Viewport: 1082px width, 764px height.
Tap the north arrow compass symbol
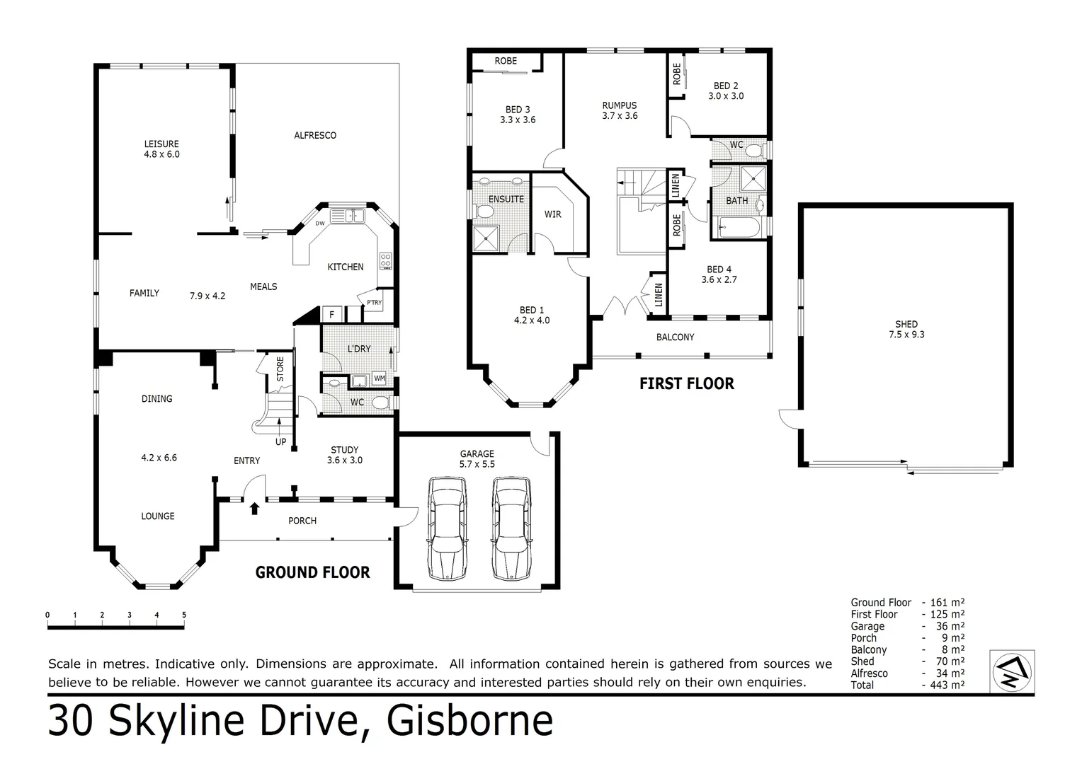point(1012,671)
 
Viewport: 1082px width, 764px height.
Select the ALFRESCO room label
point(315,135)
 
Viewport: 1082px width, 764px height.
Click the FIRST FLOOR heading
point(686,384)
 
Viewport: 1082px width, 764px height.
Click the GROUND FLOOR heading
point(312,572)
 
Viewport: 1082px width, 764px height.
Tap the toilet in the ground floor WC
point(380,403)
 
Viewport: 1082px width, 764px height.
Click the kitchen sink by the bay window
point(346,215)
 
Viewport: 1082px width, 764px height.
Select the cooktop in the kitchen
point(386,261)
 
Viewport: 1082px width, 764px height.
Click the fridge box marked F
point(331,314)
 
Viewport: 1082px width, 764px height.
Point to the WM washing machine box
point(380,378)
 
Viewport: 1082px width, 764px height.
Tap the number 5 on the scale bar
point(184,615)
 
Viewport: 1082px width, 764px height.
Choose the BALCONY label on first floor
point(675,337)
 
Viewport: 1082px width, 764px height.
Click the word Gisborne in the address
point(470,721)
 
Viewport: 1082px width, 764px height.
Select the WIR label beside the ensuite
point(552,214)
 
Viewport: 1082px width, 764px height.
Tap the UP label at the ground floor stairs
point(280,441)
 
